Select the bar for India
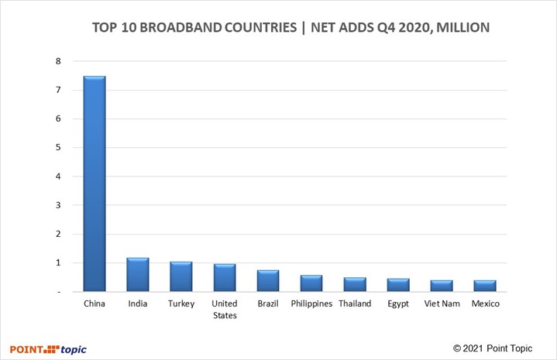138,275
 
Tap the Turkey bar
181,276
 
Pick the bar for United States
225,278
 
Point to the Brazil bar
268,281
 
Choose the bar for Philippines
311,283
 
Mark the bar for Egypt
398,285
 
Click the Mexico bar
485,286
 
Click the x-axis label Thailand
355,303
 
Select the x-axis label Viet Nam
442,303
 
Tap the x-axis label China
95,303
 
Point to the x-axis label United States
225,309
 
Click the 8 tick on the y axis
57,61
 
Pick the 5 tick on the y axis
57,148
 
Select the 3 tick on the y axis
57,205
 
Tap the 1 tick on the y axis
57,262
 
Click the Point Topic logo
48,348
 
